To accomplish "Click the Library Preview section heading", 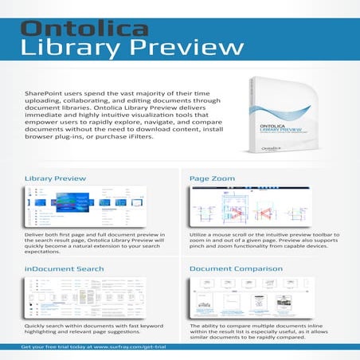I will coord(56,179).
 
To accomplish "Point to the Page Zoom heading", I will coord(213,179).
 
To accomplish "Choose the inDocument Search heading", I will coord(65,269).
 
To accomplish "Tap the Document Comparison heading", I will coord(235,269).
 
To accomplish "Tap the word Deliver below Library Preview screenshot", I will coord(37,236).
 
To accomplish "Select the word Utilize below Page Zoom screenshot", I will coord(202,236).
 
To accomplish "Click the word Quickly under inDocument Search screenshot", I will coord(38,326).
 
